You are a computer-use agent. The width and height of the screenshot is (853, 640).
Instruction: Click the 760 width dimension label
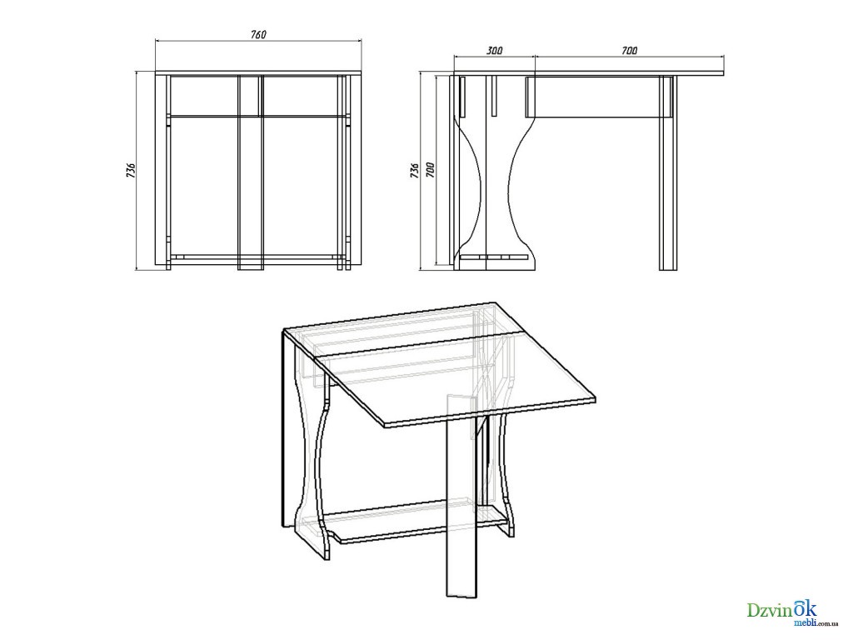(x=258, y=34)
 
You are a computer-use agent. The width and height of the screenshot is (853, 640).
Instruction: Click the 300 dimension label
(x=494, y=51)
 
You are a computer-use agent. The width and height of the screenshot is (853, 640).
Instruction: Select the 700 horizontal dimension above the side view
(x=629, y=51)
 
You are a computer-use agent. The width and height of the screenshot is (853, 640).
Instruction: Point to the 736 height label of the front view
(x=131, y=170)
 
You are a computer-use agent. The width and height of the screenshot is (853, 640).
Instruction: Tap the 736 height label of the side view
(x=415, y=170)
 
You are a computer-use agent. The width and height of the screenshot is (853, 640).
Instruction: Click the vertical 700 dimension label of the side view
(x=431, y=170)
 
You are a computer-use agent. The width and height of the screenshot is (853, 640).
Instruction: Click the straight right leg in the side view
(x=667, y=173)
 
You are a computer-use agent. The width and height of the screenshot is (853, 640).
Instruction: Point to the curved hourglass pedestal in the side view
(x=494, y=173)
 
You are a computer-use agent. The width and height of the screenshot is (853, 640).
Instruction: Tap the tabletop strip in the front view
(x=258, y=73)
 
